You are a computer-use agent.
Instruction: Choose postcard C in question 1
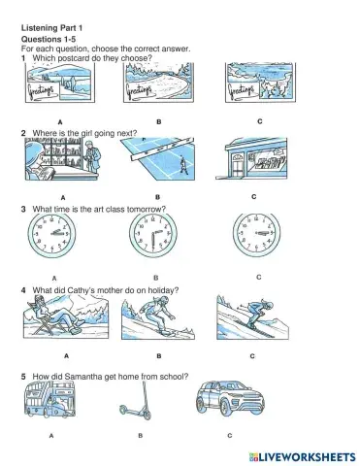click(x=260, y=86)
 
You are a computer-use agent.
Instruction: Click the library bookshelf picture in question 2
click(x=62, y=160)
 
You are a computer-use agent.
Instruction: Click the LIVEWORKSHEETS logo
click(x=302, y=453)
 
